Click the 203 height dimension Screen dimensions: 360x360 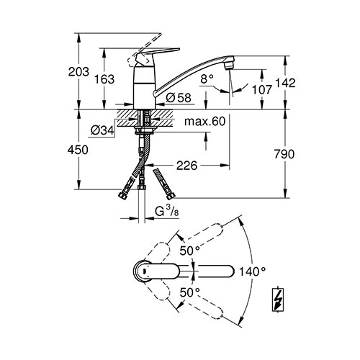[78, 72]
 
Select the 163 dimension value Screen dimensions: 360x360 [104, 79]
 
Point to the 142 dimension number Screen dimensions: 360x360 [285, 83]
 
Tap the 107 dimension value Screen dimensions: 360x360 [261, 89]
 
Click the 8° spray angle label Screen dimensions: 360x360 [207, 78]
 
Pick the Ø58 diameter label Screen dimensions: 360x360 [179, 98]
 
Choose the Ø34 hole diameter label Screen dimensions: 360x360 [102, 130]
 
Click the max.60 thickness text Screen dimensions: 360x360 [205, 122]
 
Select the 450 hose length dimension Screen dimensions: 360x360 [78, 150]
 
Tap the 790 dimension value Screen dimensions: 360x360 [284, 154]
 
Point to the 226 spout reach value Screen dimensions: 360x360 [186, 166]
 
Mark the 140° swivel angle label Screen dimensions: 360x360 [252, 271]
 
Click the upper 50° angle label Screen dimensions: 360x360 [190, 251]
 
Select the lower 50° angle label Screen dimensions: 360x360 [190, 292]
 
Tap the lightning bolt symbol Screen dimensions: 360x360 [278, 300]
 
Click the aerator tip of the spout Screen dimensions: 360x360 [229, 63]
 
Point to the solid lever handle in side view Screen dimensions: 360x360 [157, 54]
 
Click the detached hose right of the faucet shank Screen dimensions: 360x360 [164, 184]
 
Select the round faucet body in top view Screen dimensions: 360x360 [143, 271]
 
